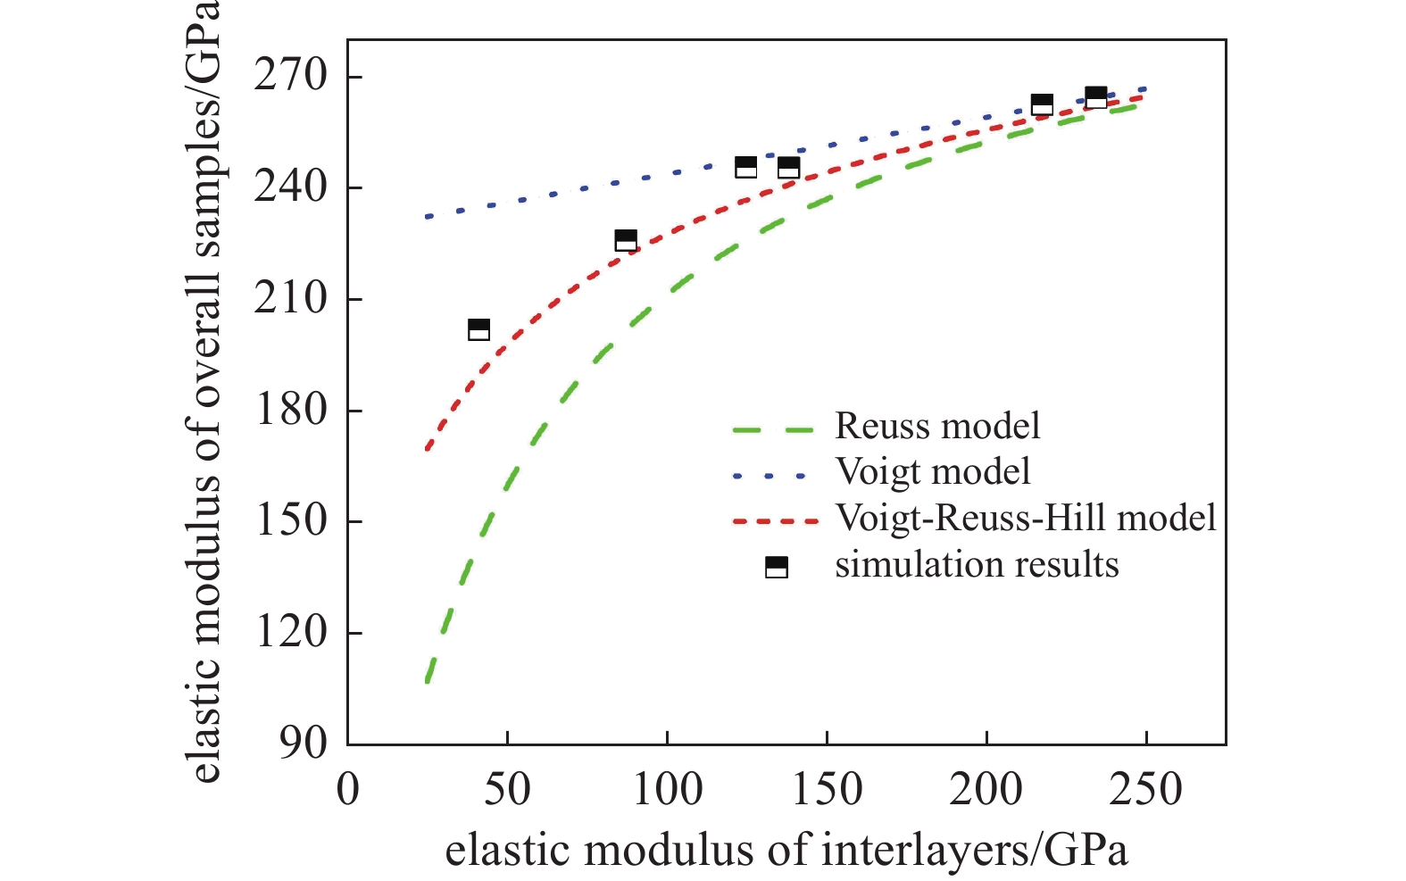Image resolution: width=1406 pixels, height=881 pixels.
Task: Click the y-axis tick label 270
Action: pos(290,76)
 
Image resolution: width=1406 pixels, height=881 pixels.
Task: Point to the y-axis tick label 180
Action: pos(290,410)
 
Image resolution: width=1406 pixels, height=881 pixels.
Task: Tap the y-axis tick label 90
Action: pos(303,743)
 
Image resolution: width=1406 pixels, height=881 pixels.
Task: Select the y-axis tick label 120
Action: pos(290,632)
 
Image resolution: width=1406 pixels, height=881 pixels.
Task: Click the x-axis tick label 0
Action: pos(347,790)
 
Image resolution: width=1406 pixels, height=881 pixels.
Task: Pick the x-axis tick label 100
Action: pos(667,790)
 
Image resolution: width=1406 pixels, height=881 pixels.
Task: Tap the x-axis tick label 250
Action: pos(1145,790)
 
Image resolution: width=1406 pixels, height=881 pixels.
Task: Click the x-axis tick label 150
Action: pos(827,790)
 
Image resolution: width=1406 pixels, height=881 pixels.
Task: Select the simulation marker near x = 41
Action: pos(478,329)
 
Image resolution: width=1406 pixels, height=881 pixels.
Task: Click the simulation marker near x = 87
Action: pos(626,240)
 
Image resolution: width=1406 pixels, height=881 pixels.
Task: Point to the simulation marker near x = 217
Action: pos(1042,104)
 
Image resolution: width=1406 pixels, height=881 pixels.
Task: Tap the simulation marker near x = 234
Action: pos(1096,97)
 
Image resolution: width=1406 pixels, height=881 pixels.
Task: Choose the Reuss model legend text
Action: pos(937,426)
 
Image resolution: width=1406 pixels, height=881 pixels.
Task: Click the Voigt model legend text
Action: pos(932,471)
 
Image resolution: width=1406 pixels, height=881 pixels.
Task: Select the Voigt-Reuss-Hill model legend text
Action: pos(1026,518)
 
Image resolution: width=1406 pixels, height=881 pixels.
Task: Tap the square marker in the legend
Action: pos(777,567)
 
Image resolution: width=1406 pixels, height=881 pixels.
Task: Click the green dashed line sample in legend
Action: pos(773,430)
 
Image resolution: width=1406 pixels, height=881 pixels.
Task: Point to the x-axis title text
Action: pos(786,850)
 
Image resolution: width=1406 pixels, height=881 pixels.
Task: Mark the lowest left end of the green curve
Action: pos(428,682)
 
